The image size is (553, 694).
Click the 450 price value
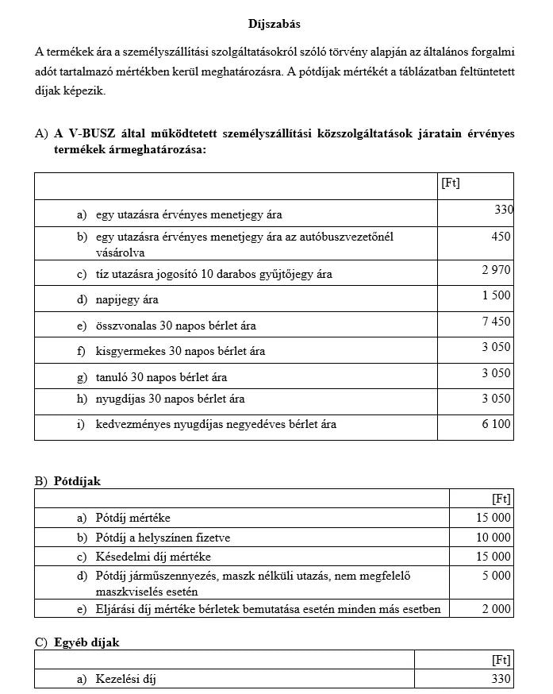(x=501, y=237)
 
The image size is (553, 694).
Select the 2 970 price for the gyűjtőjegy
(x=496, y=271)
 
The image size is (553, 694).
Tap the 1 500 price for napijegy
(x=496, y=296)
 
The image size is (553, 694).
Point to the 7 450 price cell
(x=496, y=322)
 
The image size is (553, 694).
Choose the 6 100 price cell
(x=496, y=425)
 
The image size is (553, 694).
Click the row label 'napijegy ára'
(x=127, y=300)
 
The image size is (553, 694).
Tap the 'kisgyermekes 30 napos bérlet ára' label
(x=180, y=351)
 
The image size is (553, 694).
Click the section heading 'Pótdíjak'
(x=78, y=481)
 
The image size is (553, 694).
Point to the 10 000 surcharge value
(x=493, y=538)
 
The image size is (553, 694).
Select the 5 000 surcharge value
(x=497, y=576)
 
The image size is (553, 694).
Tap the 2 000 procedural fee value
(x=497, y=608)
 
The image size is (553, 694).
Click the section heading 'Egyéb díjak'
(x=86, y=642)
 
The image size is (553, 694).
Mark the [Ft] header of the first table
(x=451, y=183)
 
